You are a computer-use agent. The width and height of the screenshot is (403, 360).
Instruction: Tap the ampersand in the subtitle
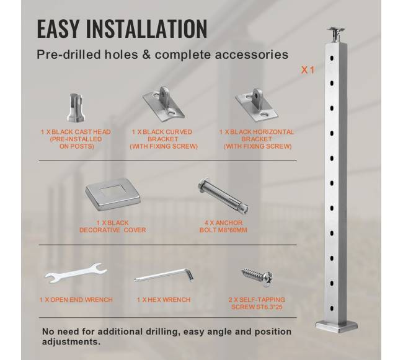click(146, 55)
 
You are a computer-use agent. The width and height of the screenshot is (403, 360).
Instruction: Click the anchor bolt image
click(223, 196)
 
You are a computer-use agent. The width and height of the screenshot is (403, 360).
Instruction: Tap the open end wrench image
click(76, 273)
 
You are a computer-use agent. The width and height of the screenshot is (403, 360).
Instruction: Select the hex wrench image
click(164, 275)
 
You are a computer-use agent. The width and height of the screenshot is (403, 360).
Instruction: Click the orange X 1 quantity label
click(308, 70)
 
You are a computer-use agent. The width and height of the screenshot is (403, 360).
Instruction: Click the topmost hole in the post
click(332, 58)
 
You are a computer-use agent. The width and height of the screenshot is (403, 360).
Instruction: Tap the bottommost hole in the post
click(332, 308)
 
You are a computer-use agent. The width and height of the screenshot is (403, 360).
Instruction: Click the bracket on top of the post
click(335, 35)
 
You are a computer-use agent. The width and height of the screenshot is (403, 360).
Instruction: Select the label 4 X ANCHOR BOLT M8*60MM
click(223, 226)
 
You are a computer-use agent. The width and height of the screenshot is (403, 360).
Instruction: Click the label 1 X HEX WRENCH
click(164, 300)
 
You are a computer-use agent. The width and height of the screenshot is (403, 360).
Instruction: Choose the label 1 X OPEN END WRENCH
click(76, 300)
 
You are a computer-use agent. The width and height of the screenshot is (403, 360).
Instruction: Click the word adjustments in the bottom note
click(71, 342)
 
